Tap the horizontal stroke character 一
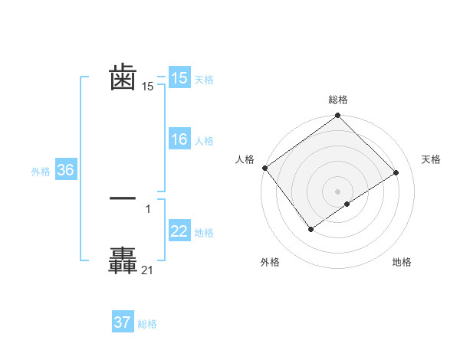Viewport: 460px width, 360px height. pyautogui.click(x=123, y=198)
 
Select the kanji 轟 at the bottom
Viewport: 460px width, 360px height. pyautogui.click(x=123, y=260)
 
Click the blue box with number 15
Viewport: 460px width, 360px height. pyautogui.click(x=179, y=78)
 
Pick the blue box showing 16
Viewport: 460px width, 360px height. pyautogui.click(x=179, y=139)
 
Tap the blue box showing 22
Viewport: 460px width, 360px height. pyautogui.click(x=179, y=231)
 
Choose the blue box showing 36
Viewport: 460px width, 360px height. pyautogui.click(x=66, y=170)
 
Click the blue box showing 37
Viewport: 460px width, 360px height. pyautogui.click(x=123, y=322)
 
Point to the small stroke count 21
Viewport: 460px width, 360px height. pyautogui.click(x=147, y=270)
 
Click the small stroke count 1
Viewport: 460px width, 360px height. pyautogui.click(x=147, y=208)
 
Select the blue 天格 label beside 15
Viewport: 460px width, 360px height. pyautogui.click(x=204, y=80)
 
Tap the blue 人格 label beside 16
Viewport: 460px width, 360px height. pyautogui.click(x=204, y=141)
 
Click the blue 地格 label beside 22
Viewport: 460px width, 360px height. pyautogui.click(x=204, y=233)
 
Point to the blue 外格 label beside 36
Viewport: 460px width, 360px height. pyautogui.click(x=41, y=172)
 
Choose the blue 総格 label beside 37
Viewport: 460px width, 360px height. pyautogui.click(x=147, y=324)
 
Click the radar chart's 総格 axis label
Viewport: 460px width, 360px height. pyautogui.click(x=338, y=100)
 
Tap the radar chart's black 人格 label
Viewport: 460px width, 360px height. pyautogui.click(x=245, y=159)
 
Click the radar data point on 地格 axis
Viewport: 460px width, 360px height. pyautogui.click(x=347, y=204)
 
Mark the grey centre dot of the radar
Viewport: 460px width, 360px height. pyautogui.click(x=338, y=191)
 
